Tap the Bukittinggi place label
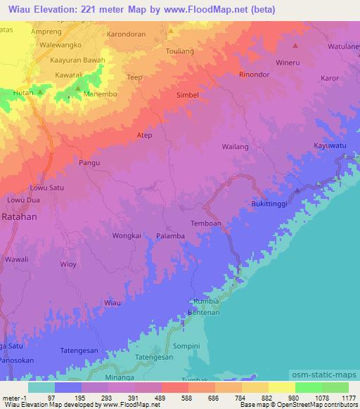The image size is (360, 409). coord(272,204)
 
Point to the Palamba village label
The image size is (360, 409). coord(170,236)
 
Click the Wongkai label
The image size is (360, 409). coord(127,236)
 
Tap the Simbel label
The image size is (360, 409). coord(187,94)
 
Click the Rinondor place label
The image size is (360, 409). coord(255,74)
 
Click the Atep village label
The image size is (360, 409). coord(144,134)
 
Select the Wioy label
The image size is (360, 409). coord(68,264)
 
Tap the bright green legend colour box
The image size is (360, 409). coord(308,387)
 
